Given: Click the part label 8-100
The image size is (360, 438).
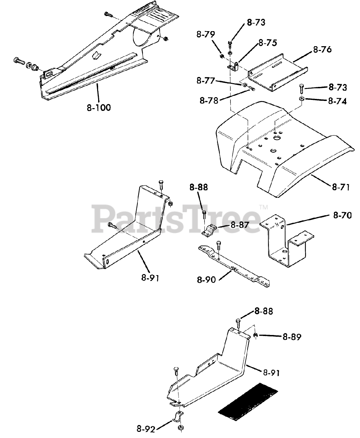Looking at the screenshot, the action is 98,107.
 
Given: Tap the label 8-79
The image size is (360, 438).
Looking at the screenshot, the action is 205,35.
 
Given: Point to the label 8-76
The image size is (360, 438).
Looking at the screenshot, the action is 322,50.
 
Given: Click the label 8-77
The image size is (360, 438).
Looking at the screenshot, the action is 205,81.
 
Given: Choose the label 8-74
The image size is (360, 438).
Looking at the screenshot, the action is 337,101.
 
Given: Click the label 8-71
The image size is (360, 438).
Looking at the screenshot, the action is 341,187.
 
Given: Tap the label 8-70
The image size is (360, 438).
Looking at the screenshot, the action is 342,215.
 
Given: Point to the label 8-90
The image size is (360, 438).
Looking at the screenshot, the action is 206,280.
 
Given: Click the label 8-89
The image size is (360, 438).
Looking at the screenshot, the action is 292,337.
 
